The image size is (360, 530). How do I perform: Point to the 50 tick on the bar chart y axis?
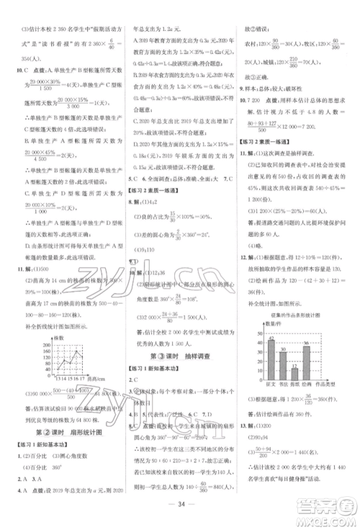pyautogui.click(x=261, y=333)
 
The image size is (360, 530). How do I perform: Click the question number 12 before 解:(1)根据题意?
pyautogui.click(x=243, y=277)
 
